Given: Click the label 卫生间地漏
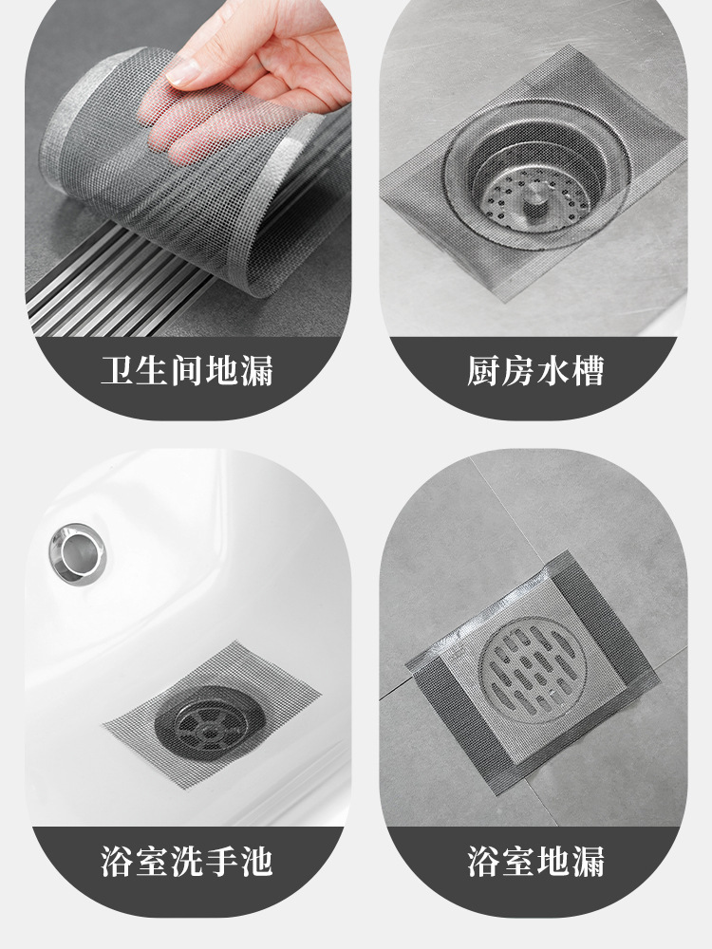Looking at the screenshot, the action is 187,371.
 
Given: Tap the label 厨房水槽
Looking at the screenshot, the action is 535,371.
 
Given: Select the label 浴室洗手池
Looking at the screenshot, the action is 187,862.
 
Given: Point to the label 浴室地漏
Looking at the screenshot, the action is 535,862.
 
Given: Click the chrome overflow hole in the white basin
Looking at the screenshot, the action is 78,554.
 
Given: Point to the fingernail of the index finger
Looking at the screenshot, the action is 183,72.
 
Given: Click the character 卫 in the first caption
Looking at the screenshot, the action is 118,371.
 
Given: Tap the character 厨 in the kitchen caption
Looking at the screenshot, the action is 484,371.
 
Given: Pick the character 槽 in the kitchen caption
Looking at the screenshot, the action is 588,371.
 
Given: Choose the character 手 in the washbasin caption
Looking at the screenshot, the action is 221,862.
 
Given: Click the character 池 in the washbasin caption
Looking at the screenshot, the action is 256,862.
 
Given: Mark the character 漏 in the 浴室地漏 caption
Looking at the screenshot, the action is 588,862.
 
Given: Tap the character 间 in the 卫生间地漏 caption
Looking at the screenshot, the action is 187,371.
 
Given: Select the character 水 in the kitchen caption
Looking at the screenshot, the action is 553,371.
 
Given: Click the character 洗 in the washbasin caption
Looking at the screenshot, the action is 187,862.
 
